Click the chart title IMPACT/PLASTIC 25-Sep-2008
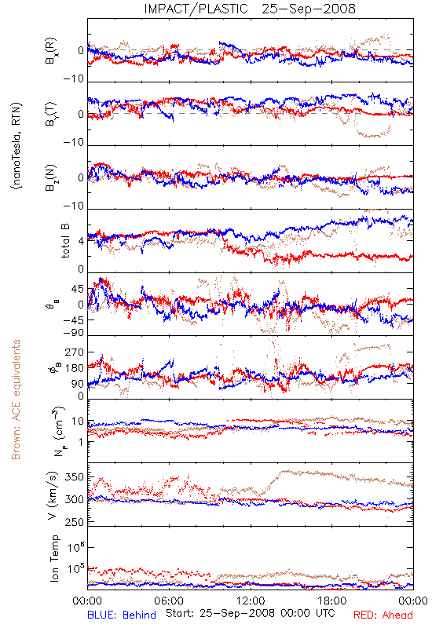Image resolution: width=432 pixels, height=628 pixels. [250, 9]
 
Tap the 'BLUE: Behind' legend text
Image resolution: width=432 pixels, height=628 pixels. [122, 615]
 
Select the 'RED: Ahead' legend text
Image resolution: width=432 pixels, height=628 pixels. [383, 615]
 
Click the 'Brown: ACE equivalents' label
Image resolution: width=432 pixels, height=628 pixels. [16, 400]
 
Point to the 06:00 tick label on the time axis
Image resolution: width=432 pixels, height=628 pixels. [169, 601]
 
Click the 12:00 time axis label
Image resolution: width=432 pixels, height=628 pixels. [251, 601]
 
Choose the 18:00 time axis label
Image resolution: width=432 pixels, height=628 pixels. [332, 601]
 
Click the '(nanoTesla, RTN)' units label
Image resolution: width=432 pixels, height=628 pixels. [16, 146]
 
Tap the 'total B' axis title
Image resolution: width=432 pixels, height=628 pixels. [65, 241]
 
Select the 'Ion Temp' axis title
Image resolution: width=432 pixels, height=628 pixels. [54, 558]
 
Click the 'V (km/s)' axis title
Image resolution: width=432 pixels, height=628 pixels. [53, 495]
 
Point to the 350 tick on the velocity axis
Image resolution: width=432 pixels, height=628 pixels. [74, 477]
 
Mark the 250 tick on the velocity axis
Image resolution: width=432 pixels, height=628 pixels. [74, 522]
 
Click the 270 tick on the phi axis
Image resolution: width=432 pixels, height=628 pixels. [74, 352]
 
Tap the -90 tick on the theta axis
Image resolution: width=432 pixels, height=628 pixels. [73, 332]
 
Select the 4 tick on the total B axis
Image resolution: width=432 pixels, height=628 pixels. [82, 241]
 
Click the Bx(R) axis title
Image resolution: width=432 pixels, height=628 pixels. [51, 50]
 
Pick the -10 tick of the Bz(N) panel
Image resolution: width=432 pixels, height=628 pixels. [73, 206]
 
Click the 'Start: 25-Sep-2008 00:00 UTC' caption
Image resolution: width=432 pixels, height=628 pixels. [251, 613]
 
